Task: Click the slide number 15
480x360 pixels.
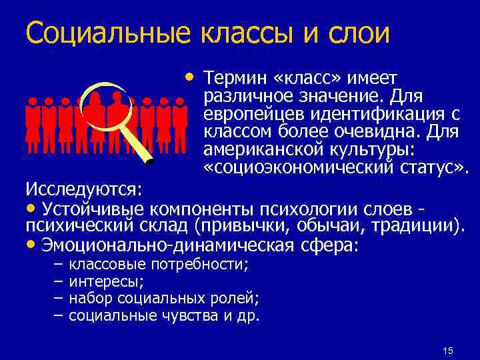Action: point(448,351)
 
